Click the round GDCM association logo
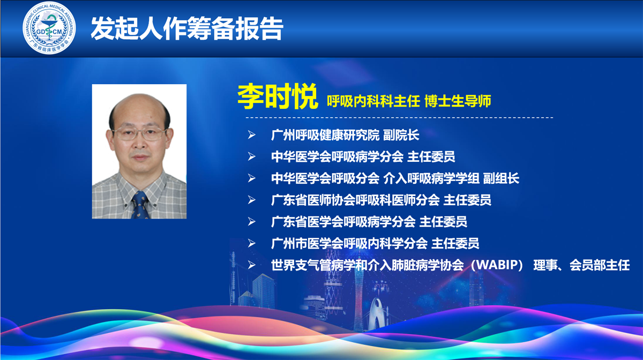(x=49, y=28)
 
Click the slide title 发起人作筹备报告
(x=187, y=28)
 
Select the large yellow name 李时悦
(x=278, y=96)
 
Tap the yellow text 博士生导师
(x=458, y=101)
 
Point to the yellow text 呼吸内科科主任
(x=373, y=101)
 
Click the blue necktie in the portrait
(x=140, y=205)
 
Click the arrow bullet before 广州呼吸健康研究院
(x=251, y=135)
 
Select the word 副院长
(x=401, y=135)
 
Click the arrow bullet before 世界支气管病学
(x=251, y=265)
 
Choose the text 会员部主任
(x=600, y=265)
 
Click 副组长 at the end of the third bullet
(x=501, y=178)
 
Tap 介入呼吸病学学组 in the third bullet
(x=431, y=178)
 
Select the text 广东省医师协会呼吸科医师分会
(x=355, y=200)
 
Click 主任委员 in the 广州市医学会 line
(x=455, y=243)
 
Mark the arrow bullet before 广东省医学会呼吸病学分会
(x=251, y=222)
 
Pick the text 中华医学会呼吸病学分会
(x=337, y=157)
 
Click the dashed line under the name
(x=399, y=118)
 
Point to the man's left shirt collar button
(x=126, y=205)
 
